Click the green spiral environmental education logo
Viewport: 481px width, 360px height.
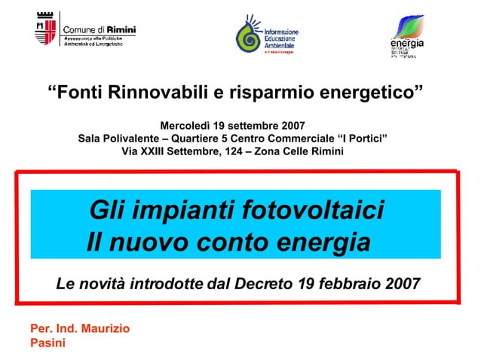(x=249, y=36)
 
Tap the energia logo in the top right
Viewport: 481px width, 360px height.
(x=406, y=36)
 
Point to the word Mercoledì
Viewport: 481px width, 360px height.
(x=185, y=125)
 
